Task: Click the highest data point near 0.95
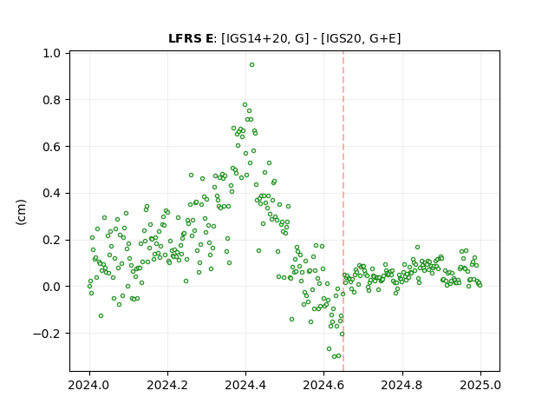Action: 251,65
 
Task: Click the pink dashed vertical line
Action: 343,211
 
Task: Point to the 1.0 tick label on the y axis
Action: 52,53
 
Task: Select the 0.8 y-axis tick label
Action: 52,100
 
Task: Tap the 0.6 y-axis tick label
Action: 52,147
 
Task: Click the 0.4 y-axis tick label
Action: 52,193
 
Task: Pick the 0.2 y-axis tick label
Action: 52,240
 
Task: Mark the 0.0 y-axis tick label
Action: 52,287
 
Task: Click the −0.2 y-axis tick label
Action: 47,334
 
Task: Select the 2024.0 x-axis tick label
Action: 89,385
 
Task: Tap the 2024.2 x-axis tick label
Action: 167,385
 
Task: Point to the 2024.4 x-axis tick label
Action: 245,385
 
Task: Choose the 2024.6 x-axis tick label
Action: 323,385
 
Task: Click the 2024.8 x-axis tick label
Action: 402,385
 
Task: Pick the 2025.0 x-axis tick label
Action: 480,385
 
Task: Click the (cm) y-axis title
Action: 21,212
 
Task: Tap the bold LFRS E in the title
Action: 191,38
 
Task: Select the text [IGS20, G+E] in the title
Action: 361,38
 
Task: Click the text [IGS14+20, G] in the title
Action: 263,38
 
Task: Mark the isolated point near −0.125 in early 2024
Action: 101,315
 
